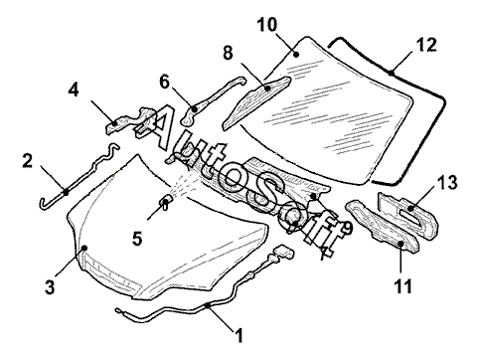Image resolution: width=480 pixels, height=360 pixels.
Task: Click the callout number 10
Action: (x=267, y=25)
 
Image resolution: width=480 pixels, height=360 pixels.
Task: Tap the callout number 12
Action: (x=426, y=45)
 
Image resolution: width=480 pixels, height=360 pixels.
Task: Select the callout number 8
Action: (x=228, y=53)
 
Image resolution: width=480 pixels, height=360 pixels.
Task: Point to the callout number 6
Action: (x=164, y=83)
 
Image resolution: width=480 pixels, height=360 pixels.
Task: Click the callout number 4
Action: (x=74, y=90)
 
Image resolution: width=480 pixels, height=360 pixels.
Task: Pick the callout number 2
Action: (x=28, y=160)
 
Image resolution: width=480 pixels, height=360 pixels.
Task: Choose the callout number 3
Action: (x=50, y=287)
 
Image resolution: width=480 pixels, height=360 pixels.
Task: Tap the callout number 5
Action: (x=137, y=239)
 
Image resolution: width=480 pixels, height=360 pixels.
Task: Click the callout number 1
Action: (x=239, y=335)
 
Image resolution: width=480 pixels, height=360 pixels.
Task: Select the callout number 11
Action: (x=402, y=286)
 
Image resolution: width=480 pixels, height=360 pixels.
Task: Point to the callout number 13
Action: (x=447, y=182)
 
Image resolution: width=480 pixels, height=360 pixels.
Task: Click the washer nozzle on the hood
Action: (x=166, y=201)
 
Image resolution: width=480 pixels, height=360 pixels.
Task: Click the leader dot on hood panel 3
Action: (x=84, y=248)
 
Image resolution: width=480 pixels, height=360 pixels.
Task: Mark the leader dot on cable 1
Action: (x=208, y=305)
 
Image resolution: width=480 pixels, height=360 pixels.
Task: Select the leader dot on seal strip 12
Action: (x=392, y=72)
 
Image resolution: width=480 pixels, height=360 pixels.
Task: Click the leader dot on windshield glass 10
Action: (x=297, y=55)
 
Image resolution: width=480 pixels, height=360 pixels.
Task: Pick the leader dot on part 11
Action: (x=400, y=244)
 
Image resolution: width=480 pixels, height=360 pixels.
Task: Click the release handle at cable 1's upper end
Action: (x=282, y=253)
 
